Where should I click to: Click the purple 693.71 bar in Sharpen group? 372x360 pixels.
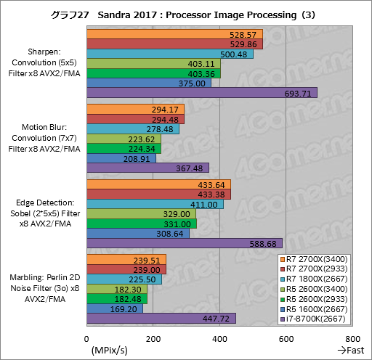tap(202, 93)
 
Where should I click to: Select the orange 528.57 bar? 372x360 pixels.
tap(174, 33)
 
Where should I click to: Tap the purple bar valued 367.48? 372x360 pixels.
tap(147, 168)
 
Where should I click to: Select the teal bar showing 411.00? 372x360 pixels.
tap(155, 205)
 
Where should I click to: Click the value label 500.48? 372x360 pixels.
tap(234, 54)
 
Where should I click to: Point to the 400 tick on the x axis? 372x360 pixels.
tap(219, 338)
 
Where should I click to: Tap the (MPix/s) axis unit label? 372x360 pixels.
tap(110, 350)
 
